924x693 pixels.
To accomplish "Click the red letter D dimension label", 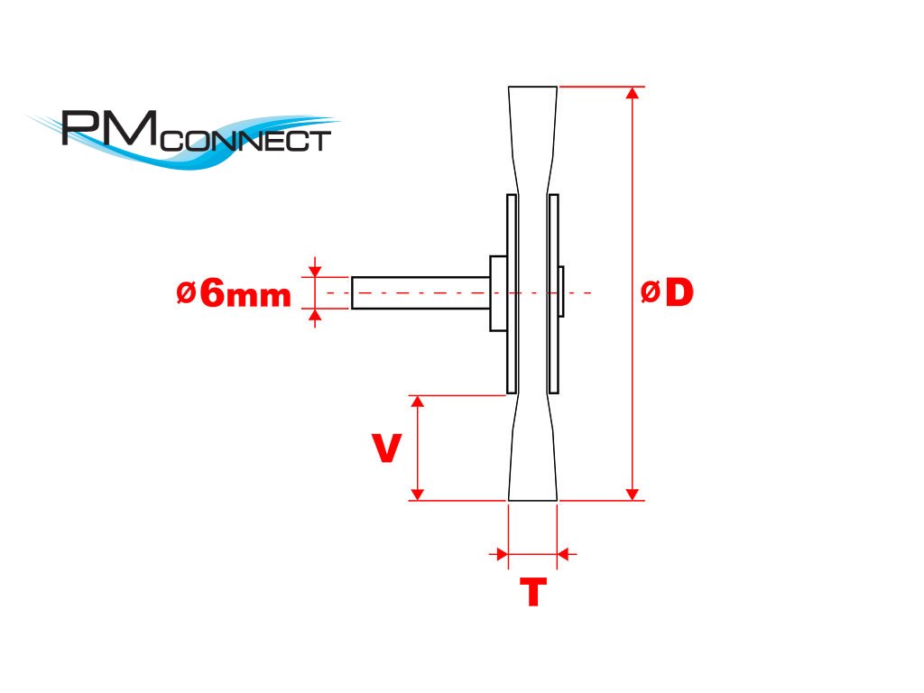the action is [679, 292].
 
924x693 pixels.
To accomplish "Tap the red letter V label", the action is [387, 448].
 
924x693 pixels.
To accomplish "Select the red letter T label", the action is [532, 593].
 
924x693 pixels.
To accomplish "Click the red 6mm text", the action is [245, 294].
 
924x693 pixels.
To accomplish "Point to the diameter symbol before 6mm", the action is [187, 292].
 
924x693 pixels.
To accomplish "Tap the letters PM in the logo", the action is [108, 128].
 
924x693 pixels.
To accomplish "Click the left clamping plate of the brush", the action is [512, 293].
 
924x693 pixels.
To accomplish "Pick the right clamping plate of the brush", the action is [553, 293].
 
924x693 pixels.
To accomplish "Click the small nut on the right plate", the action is [561, 291].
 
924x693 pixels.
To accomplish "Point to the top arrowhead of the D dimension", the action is [633, 93].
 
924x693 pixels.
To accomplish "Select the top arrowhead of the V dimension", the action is [417, 402].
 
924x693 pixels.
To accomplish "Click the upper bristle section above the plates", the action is [532, 135].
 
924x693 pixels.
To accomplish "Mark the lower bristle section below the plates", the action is [532, 451].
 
